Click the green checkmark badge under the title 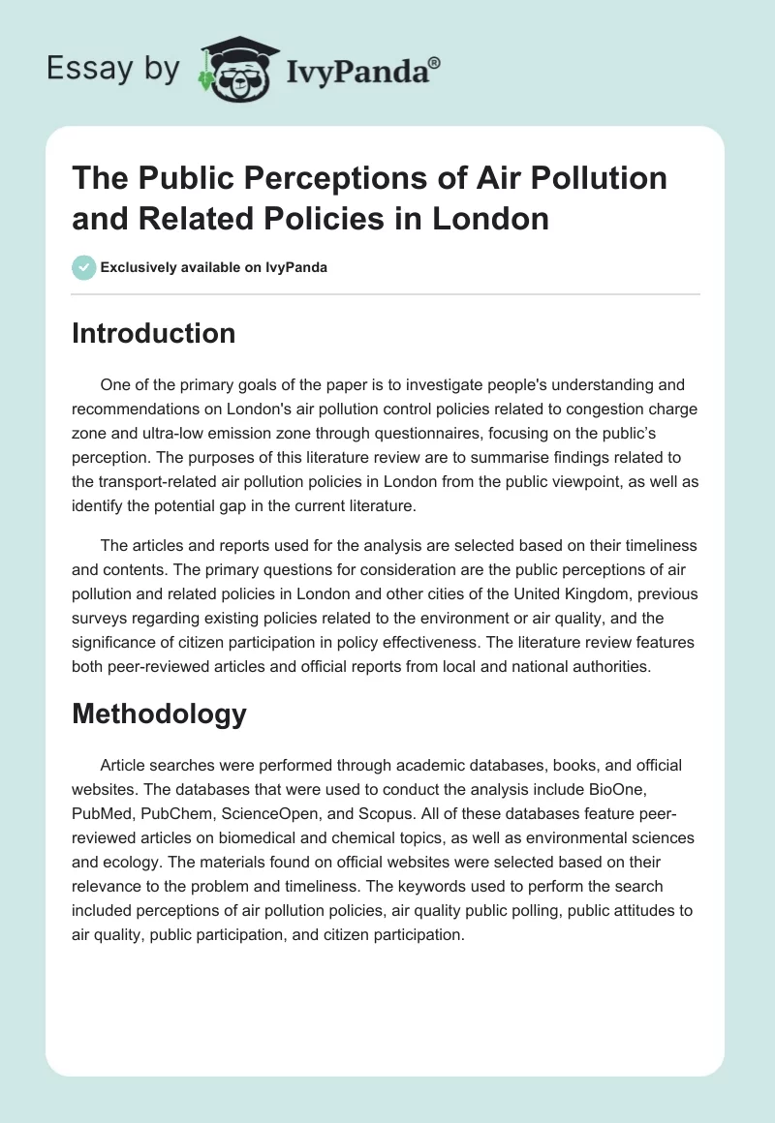(x=83, y=267)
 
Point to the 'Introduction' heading (x=154, y=333)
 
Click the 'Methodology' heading (x=159, y=713)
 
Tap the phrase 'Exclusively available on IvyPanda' (x=213, y=268)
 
